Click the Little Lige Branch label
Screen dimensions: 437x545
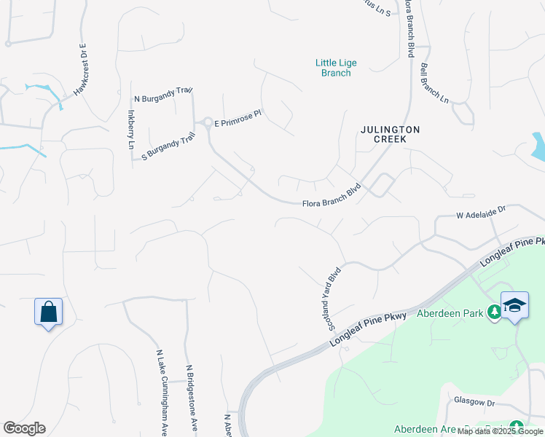point(336,68)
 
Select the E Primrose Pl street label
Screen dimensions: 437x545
point(238,119)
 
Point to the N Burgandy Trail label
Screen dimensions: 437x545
point(162,95)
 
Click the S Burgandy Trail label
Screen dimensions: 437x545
point(169,145)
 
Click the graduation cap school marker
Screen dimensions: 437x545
point(514,304)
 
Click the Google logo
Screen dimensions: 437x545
point(24,428)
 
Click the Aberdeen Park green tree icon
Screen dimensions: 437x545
point(495,312)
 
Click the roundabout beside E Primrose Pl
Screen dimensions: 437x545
point(207,122)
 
